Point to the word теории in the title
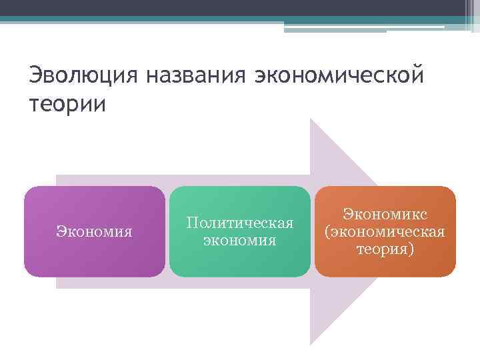[x=67, y=105]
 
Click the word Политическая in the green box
[x=240, y=222]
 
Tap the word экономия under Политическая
[x=240, y=239]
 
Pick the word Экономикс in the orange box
[x=385, y=214]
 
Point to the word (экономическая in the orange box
[x=385, y=231]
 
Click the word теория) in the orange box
[x=385, y=249]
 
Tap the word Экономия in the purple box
[x=94, y=231]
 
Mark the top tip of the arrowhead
[x=311, y=121]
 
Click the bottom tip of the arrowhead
[x=311, y=343]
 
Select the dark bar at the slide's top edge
[x=240, y=8]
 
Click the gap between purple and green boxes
[x=167, y=231]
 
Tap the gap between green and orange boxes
[x=313, y=231]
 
